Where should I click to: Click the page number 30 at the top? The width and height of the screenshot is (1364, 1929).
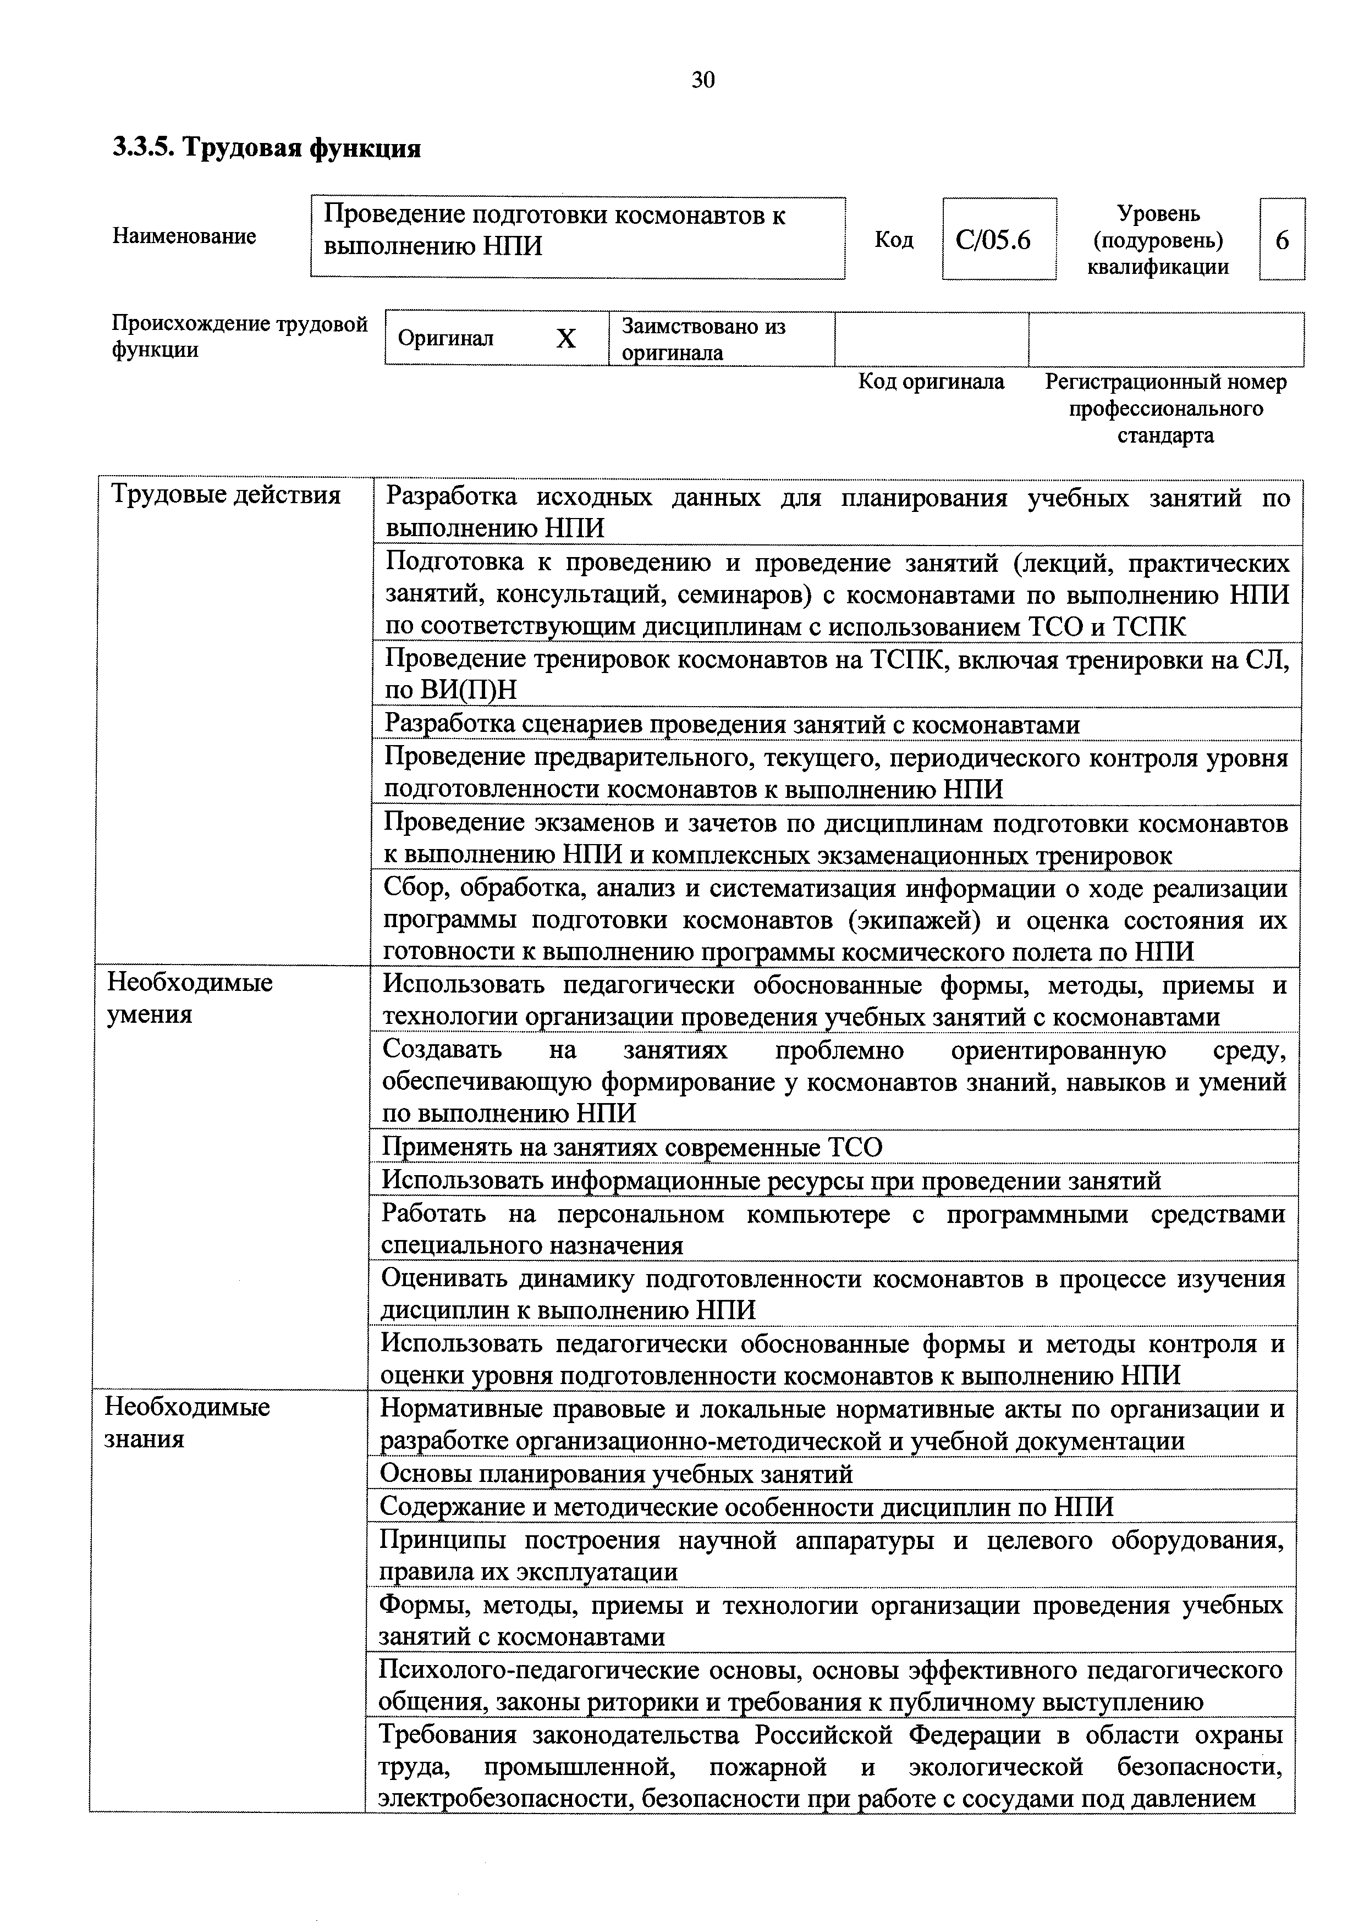(x=702, y=80)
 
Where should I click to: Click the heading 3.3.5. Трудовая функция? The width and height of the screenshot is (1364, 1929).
(x=266, y=148)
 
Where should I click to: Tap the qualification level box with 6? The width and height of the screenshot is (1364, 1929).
(x=1281, y=240)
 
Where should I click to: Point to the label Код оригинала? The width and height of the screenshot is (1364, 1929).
(x=931, y=382)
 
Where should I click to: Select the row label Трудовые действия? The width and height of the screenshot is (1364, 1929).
(x=226, y=495)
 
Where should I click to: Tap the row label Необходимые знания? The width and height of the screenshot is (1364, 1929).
(x=186, y=1423)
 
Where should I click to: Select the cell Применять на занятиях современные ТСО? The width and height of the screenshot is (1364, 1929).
(x=632, y=1147)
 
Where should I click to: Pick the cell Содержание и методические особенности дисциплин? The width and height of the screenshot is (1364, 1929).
(x=746, y=1506)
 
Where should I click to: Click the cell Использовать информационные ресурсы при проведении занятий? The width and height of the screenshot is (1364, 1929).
(x=771, y=1181)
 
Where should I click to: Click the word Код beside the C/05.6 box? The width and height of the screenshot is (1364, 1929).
(x=893, y=240)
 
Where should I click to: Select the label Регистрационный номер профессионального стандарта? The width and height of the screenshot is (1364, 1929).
(x=1165, y=409)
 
